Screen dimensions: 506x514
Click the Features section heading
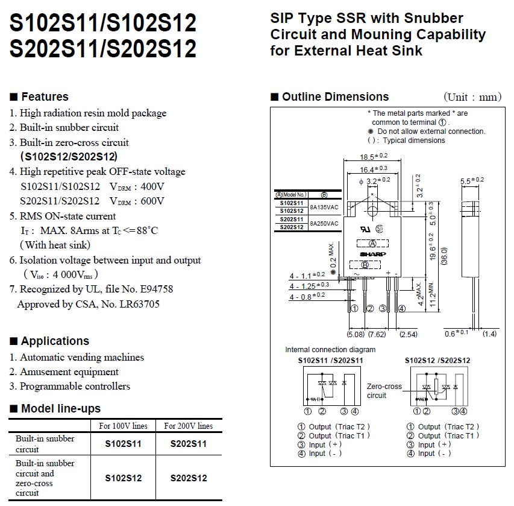45,96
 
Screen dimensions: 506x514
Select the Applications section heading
55,341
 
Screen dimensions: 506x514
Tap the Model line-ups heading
61,408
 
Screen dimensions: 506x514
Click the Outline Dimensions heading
335,96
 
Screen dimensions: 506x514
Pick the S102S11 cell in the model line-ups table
124,444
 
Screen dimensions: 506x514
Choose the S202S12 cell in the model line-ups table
189,478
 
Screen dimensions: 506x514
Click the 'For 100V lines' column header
124,426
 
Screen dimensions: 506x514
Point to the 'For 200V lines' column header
189,426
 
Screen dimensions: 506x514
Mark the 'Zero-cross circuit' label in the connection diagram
384,391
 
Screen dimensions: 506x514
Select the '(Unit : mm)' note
472,97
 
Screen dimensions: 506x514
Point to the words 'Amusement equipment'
69,372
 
